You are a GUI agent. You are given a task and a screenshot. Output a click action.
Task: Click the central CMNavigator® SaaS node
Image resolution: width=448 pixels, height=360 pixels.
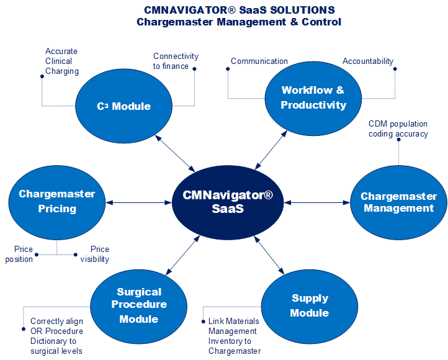click(228, 202)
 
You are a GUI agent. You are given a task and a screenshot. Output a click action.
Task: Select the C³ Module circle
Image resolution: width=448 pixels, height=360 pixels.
click(124, 106)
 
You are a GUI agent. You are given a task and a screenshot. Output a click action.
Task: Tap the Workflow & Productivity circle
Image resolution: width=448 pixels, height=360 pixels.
click(313, 97)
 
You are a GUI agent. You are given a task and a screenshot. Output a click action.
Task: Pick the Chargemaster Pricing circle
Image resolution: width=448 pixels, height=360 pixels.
click(56, 202)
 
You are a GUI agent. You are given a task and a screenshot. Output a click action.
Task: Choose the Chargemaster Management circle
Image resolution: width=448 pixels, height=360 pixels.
click(399, 202)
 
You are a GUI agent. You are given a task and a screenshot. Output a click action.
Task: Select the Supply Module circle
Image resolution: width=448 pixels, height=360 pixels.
click(310, 305)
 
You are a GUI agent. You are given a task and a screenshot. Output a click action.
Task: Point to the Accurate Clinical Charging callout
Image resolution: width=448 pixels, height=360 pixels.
click(62, 61)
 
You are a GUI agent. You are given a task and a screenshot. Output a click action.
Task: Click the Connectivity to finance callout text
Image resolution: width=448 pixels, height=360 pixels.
click(176, 61)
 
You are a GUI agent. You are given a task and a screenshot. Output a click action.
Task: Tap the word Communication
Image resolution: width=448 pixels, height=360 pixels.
click(259, 61)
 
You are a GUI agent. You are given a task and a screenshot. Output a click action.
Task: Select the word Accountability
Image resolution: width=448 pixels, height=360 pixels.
click(368, 61)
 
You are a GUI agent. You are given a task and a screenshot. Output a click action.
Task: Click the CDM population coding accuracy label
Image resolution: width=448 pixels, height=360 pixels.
click(398, 128)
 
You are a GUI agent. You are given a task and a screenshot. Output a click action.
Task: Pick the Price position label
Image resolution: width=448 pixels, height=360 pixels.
click(20, 254)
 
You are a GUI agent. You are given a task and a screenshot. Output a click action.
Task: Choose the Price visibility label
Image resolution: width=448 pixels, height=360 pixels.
click(95, 254)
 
